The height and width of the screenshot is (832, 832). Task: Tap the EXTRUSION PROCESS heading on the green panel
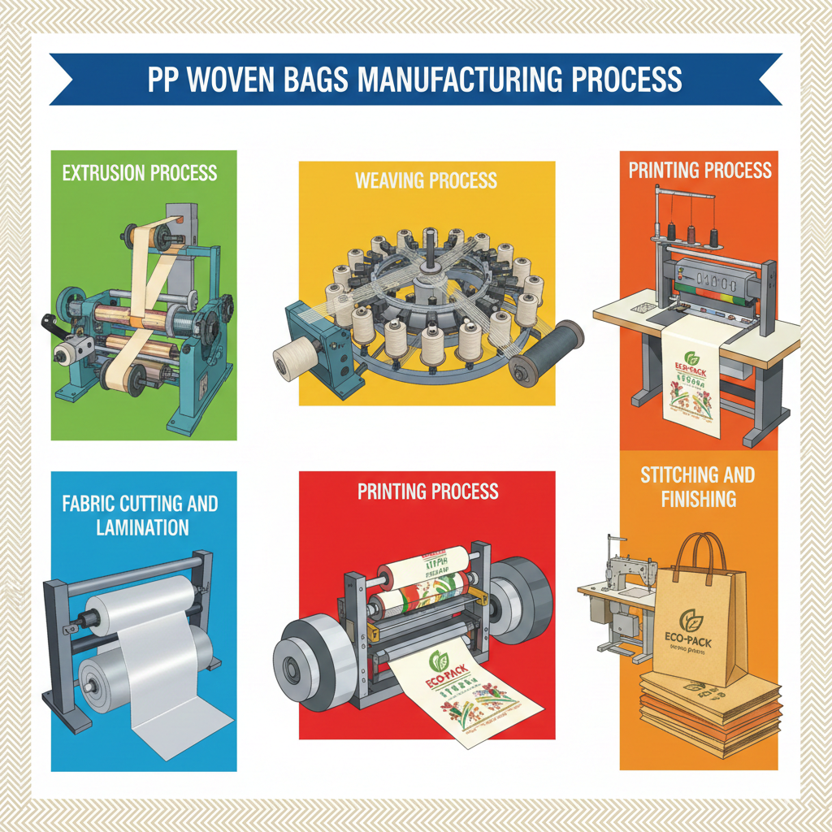coord(139,172)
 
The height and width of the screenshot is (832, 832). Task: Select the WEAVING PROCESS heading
coord(426,180)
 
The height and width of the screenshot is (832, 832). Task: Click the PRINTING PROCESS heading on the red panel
coord(427,492)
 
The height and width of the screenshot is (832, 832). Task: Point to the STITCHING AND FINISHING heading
coord(698,486)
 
